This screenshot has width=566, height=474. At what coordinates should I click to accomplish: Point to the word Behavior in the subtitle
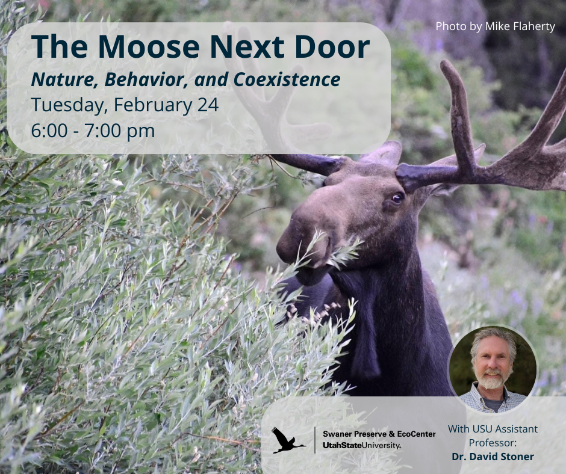coord(149,79)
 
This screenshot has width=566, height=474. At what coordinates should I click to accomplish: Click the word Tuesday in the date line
coord(67,105)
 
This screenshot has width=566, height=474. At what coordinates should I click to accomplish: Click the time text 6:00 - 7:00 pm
coord(93,130)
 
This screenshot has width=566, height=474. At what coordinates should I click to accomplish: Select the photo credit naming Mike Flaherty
coord(495,26)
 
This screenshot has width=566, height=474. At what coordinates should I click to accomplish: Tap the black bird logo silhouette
coord(287,440)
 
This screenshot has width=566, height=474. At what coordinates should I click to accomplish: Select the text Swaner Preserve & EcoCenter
coord(379,433)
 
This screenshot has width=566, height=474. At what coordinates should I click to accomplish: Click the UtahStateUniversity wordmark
coord(362,445)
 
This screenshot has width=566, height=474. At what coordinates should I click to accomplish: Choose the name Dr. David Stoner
coord(493,457)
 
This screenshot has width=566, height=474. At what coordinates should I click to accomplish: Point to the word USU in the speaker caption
coord(485,429)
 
